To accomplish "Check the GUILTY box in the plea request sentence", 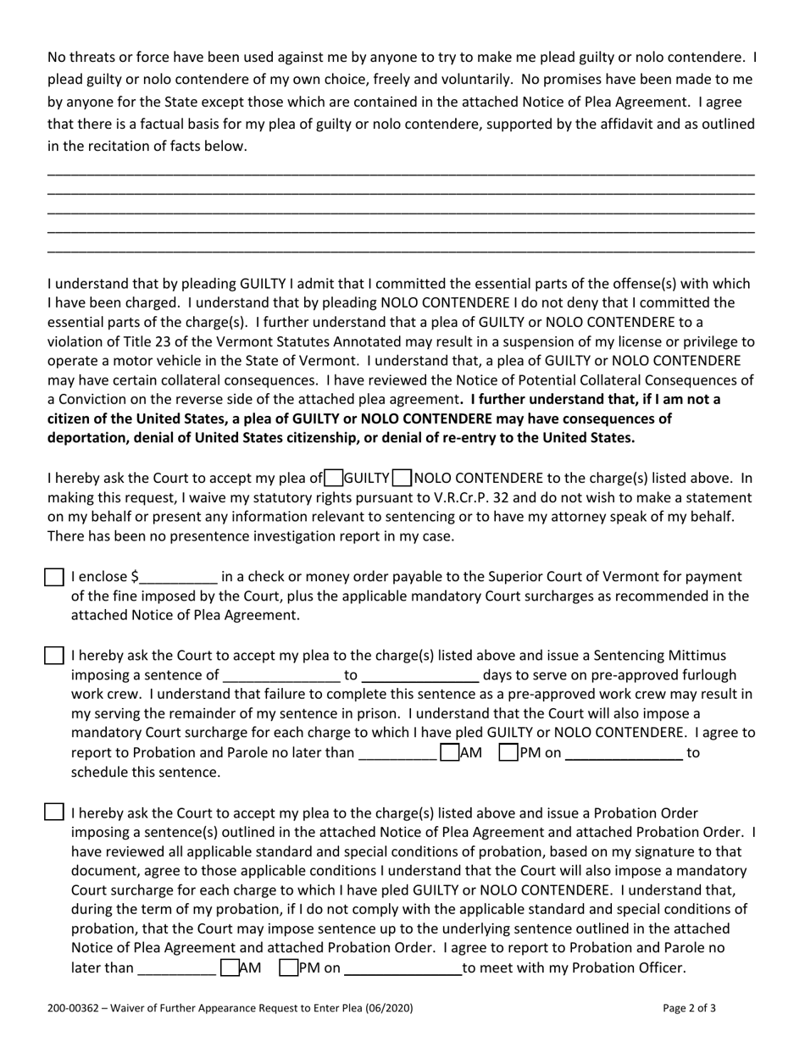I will [334, 478].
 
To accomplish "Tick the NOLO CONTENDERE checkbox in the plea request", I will [402, 478].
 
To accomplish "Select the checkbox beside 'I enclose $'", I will [53, 578].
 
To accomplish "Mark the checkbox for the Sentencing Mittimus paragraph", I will [53, 656].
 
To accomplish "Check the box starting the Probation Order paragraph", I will [53, 812].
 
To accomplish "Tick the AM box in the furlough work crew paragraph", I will [449, 752].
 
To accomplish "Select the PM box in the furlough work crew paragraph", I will [508, 752].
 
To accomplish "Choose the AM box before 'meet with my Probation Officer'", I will [229, 967].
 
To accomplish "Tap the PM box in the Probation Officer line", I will [288, 967].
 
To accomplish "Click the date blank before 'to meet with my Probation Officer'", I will [402, 969].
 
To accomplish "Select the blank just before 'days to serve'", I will [419, 676].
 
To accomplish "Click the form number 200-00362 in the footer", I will [75, 1009].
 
